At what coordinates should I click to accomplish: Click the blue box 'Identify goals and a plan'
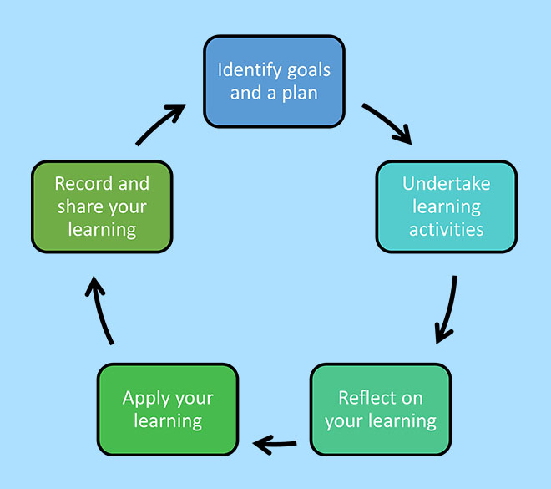coord(274,80)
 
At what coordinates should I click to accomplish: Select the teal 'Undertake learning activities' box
coord(446,206)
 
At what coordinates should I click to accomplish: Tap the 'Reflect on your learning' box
coord(380,409)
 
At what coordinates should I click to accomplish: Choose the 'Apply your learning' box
coord(168,409)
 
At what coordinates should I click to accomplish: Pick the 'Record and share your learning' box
coord(102,206)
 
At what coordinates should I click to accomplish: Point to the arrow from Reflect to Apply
coord(275,444)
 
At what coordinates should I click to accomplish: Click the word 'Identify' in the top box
coord(247,69)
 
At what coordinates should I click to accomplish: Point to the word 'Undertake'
coord(446,184)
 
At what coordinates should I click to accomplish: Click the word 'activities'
coord(446,229)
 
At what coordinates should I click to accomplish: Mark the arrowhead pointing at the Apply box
coord(261,444)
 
